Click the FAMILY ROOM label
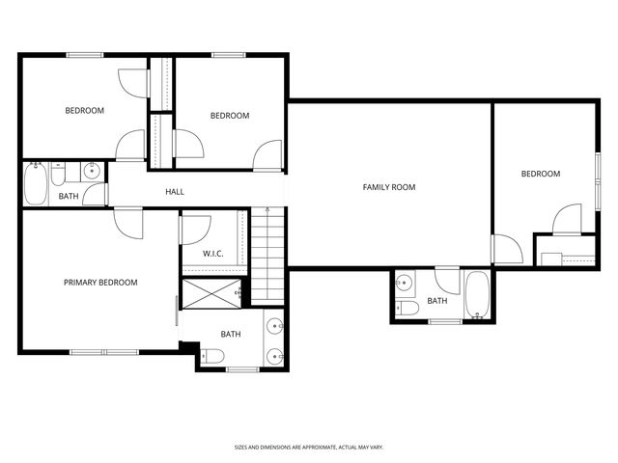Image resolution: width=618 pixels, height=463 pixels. click(x=389, y=187)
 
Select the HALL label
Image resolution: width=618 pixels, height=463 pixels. click(x=174, y=192)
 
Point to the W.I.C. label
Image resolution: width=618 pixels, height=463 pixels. click(x=213, y=254)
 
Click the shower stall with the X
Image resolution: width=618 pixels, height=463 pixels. click(x=211, y=293)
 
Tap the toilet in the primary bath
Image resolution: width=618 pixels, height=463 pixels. click(x=212, y=357)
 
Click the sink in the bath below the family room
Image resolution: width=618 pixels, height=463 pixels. click(x=405, y=284)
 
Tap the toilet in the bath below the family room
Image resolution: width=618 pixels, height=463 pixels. click(x=407, y=308)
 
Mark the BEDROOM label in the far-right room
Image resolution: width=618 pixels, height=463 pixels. click(x=540, y=174)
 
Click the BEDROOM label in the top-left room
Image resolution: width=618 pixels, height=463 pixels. click(x=84, y=111)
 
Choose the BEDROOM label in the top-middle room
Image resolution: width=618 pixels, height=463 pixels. click(x=230, y=116)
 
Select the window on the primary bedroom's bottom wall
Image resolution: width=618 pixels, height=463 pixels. click(x=103, y=351)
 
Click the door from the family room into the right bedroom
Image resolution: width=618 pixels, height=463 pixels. click(x=505, y=250)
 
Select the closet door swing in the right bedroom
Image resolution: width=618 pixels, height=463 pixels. click(x=568, y=219)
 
